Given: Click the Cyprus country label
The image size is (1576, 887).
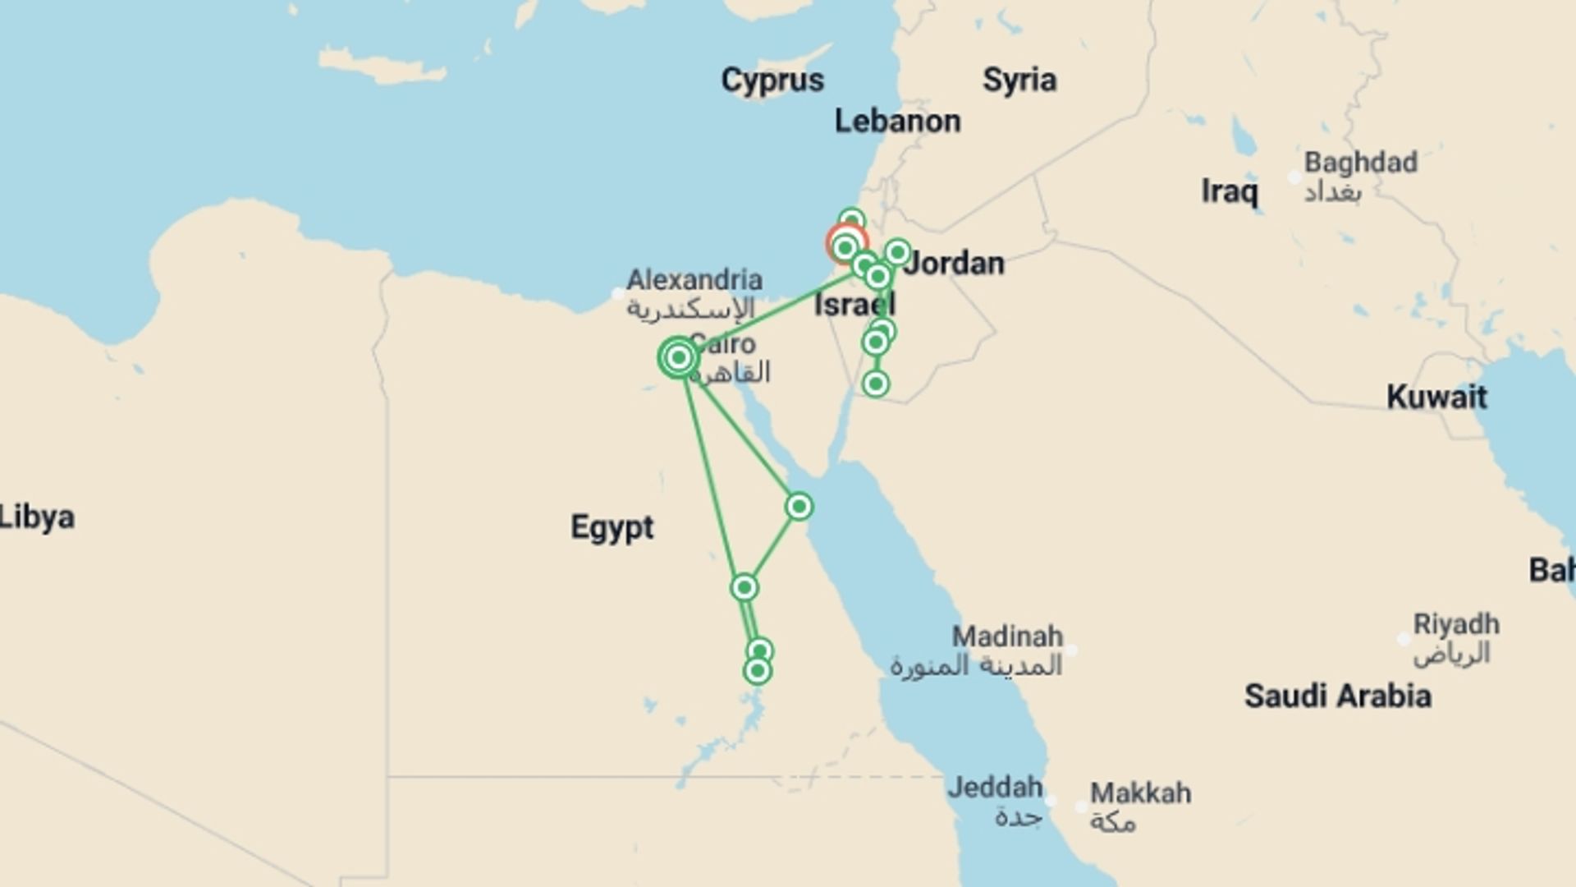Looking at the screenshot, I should click(772, 80).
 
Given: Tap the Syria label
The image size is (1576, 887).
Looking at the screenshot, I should click(1019, 80).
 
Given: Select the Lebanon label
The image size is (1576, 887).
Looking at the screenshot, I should click(897, 122).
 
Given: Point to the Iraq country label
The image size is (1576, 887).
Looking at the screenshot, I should click(1229, 191).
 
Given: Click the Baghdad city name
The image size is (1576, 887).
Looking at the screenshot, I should click(1360, 163).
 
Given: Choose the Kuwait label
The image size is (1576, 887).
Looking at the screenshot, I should click(1436, 398).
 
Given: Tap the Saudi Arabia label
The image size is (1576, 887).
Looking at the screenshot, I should click(1337, 696).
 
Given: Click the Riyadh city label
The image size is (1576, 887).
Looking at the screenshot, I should click(1455, 624).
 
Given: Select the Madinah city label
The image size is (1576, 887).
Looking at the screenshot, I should click(1007, 637).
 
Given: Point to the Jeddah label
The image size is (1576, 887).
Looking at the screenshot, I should click(995, 788).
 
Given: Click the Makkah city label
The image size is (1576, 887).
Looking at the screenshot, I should click(1140, 793).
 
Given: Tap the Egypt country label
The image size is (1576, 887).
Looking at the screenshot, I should click(612, 527).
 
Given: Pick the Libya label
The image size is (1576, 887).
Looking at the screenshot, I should click(37, 517).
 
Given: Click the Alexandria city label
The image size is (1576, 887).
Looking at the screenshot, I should click(694, 280).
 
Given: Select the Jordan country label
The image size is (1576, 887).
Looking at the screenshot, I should click(955, 264).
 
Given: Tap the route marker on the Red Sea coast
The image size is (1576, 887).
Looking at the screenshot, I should click(799, 507).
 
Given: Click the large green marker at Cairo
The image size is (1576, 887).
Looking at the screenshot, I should click(679, 357).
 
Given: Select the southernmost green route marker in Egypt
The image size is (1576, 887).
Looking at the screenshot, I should click(757, 671).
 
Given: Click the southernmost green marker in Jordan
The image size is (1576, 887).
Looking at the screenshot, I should click(876, 384).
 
